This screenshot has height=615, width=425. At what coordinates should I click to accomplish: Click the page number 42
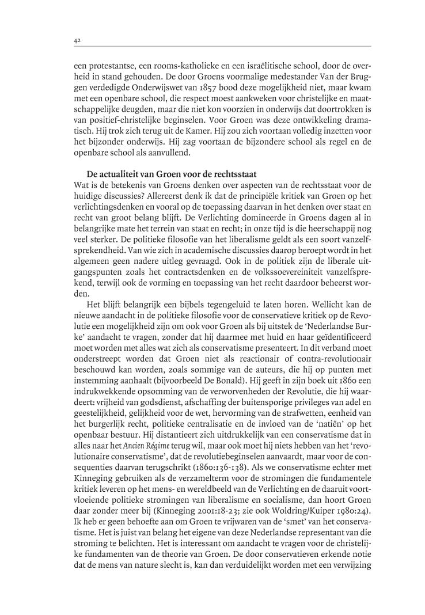click(x=77, y=40)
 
